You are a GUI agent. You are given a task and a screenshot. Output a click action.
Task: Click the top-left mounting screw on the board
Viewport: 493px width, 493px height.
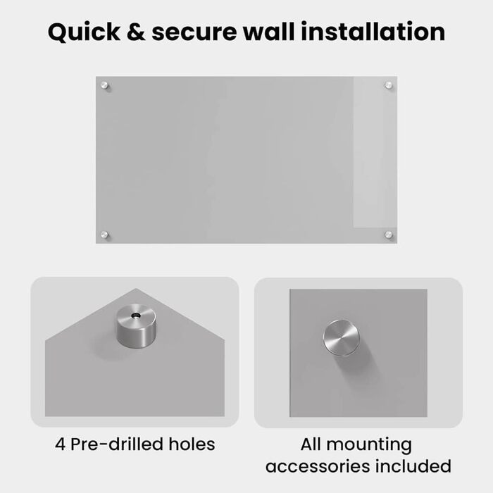pos(104,85)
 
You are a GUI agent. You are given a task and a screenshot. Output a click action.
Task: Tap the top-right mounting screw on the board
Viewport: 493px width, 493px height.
pos(389,85)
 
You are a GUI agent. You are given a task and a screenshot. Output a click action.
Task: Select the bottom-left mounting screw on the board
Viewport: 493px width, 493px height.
pos(104,235)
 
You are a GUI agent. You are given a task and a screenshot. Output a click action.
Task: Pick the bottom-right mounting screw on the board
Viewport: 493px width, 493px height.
pos(389,235)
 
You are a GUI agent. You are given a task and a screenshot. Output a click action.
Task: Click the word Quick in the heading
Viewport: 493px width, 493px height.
pos(84,32)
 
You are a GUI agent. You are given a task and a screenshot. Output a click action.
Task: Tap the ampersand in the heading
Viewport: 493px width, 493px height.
pos(136,32)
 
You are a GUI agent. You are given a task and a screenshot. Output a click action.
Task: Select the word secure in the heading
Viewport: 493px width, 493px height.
pos(194,32)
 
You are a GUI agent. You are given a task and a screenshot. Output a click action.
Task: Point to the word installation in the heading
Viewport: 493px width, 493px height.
pos(373,32)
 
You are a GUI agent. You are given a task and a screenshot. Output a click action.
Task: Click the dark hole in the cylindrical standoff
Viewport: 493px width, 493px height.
pos(136,316)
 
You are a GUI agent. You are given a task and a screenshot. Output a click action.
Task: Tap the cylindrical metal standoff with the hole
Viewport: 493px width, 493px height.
pos(136,325)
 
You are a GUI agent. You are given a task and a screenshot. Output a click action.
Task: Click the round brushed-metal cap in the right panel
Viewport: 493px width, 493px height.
pos(341,337)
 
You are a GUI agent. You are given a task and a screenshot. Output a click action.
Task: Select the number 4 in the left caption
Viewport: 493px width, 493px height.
pos(61,444)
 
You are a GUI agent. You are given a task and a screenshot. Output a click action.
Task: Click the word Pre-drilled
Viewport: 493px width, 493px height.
pos(117,444)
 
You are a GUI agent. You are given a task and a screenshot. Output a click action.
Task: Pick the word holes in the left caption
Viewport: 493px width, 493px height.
pos(192,444)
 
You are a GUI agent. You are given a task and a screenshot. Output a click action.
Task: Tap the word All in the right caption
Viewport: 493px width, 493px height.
pos(311,444)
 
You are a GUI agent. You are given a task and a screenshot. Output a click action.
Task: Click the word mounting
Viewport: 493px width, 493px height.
pos(369,446)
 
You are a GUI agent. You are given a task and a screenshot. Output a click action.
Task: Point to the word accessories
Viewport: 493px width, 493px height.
pos(317,466)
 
